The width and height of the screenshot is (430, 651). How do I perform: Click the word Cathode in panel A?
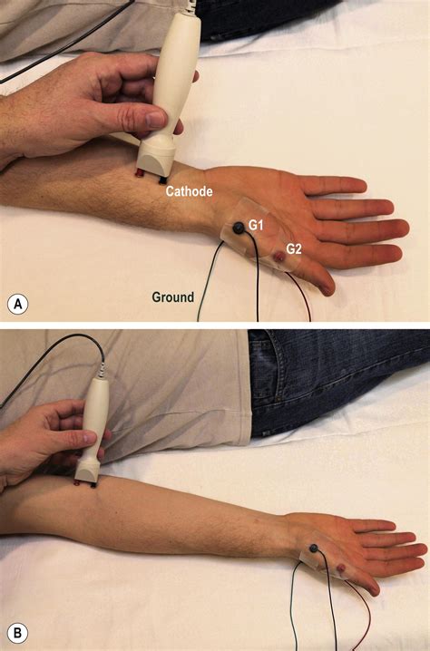(x=188, y=192)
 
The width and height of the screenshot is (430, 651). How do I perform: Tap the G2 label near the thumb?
(x=293, y=248)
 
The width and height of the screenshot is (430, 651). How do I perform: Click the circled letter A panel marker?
(x=16, y=306)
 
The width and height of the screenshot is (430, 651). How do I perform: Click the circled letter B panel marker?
(x=16, y=634)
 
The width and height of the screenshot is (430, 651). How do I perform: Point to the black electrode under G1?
(x=238, y=228)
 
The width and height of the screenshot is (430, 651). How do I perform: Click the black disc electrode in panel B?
(x=313, y=549)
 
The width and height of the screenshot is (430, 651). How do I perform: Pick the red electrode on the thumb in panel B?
(x=342, y=569)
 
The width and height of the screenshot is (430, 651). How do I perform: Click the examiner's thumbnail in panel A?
(x=156, y=118)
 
